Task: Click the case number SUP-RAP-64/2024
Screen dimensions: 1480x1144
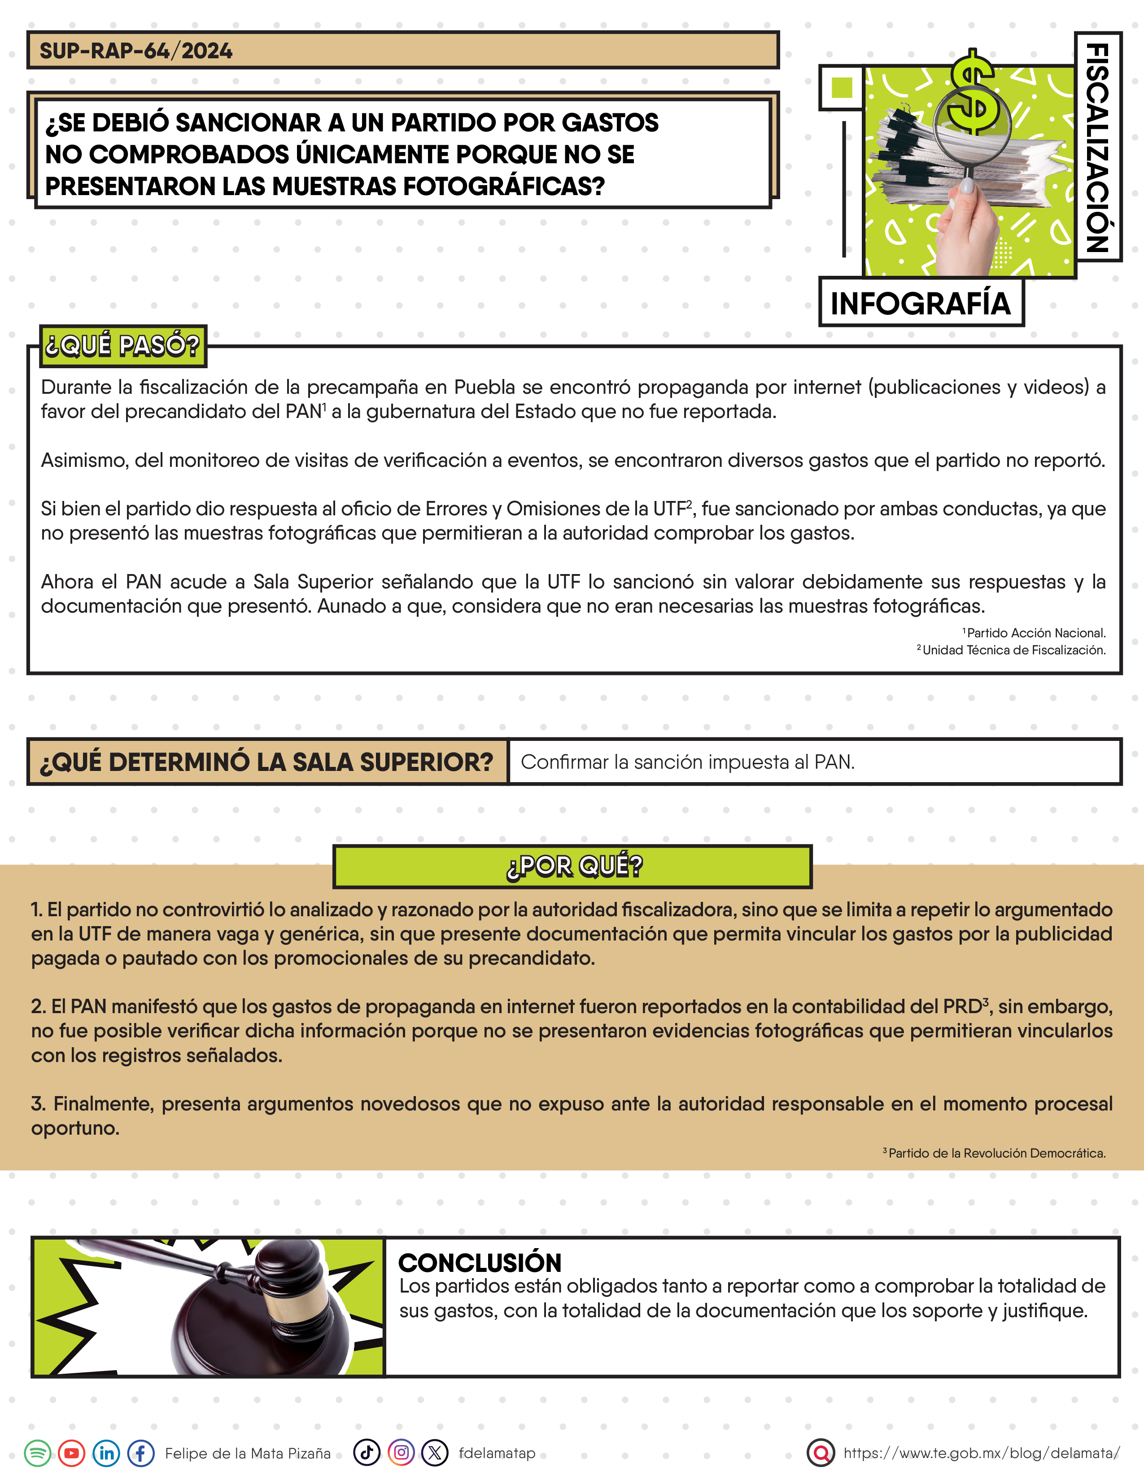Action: [x=135, y=51]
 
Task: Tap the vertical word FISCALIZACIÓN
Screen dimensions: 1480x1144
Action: [x=1097, y=147]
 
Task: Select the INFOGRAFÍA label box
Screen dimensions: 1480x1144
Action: [x=920, y=303]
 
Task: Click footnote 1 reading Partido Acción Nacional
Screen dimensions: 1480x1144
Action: [x=1035, y=633]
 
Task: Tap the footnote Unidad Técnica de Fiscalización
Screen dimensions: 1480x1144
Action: [x=1013, y=650]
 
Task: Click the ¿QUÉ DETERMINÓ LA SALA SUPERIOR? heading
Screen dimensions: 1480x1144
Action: [x=266, y=762]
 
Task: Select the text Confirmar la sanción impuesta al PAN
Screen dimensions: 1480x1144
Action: [x=687, y=762]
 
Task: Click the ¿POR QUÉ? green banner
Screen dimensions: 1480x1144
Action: [x=573, y=866]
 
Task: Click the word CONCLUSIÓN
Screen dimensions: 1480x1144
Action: [x=480, y=1262]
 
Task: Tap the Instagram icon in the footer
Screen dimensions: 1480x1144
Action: [x=401, y=1452]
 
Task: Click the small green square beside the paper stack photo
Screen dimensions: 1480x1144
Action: [x=841, y=87]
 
